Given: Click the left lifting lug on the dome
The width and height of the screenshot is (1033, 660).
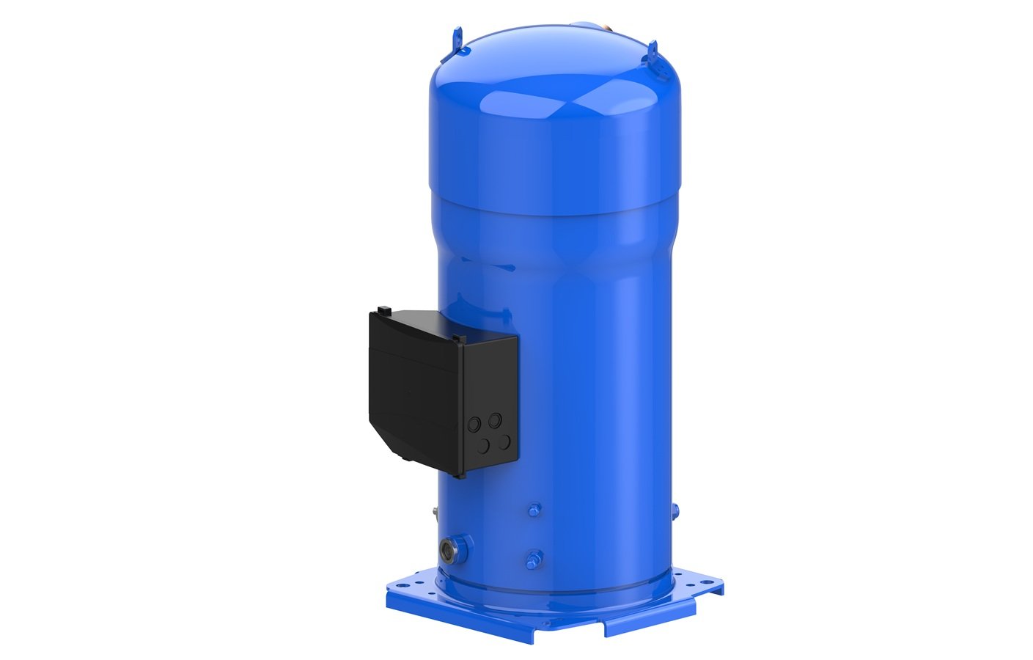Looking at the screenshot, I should pyautogui.click(x=458, y=38).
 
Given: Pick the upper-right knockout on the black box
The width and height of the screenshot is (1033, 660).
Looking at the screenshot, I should pyautogui.click(x=496, y=419).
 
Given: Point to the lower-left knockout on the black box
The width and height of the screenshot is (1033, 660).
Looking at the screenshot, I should pyautogui.click(x=484, y=444).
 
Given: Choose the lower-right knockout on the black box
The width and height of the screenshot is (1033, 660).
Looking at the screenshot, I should pyautogui.click(x=504, y=441).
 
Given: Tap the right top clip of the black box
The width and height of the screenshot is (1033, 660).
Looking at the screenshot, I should pyautogui.click(x=458, y=337).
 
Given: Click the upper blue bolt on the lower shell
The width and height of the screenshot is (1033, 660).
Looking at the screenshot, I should pyautogui.click(x=535, y=509).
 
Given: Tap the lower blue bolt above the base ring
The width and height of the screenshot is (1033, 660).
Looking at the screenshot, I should pyautogui.click(x=534, y=559).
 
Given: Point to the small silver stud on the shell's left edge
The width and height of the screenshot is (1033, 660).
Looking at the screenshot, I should pyautogui.click(x=434, y=510).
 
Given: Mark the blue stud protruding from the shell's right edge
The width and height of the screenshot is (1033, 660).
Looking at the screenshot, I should pyautogui.click(x=674, y=510).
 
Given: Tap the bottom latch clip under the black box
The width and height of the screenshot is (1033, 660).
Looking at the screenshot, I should pyautogui.click(x=405, y=458).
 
